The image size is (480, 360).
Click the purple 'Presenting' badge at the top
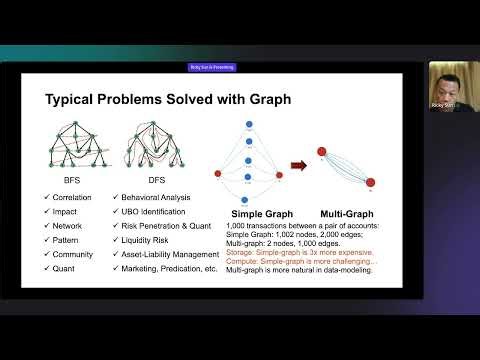point(211,67)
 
